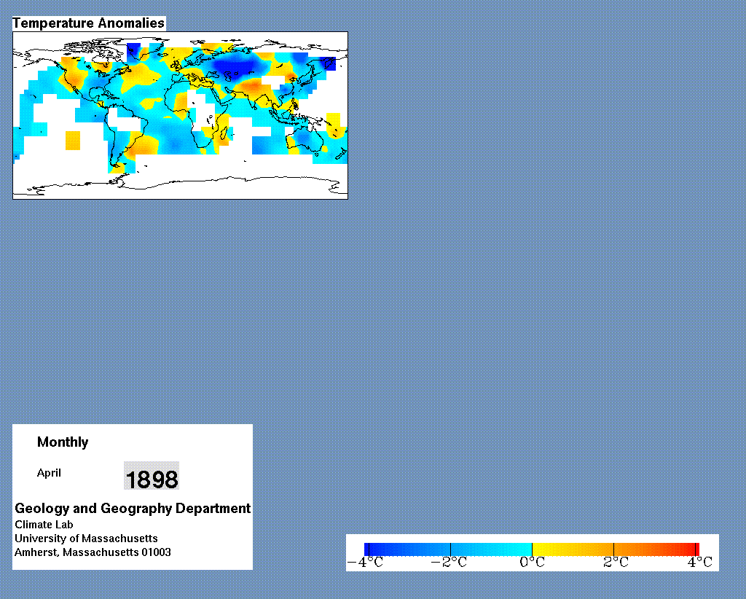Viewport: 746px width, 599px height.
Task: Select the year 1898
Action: (x=152, y=479)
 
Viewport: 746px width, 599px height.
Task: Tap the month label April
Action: (x=49, y=474)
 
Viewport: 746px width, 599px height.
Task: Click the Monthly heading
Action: (x=63, y=442)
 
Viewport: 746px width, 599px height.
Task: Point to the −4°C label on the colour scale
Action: (x=365, y=563)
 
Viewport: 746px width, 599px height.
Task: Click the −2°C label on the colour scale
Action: (x=449, y=563)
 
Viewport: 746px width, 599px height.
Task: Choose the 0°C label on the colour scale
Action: (x=532, y=563)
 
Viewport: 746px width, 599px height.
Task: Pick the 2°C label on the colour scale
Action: (x=616, y=563)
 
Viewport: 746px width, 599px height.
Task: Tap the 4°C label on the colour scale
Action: (x=700, y=563)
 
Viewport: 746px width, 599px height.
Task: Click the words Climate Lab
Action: (x=44, y=525)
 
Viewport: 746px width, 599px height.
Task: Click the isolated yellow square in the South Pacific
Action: (x=73, y=141)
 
